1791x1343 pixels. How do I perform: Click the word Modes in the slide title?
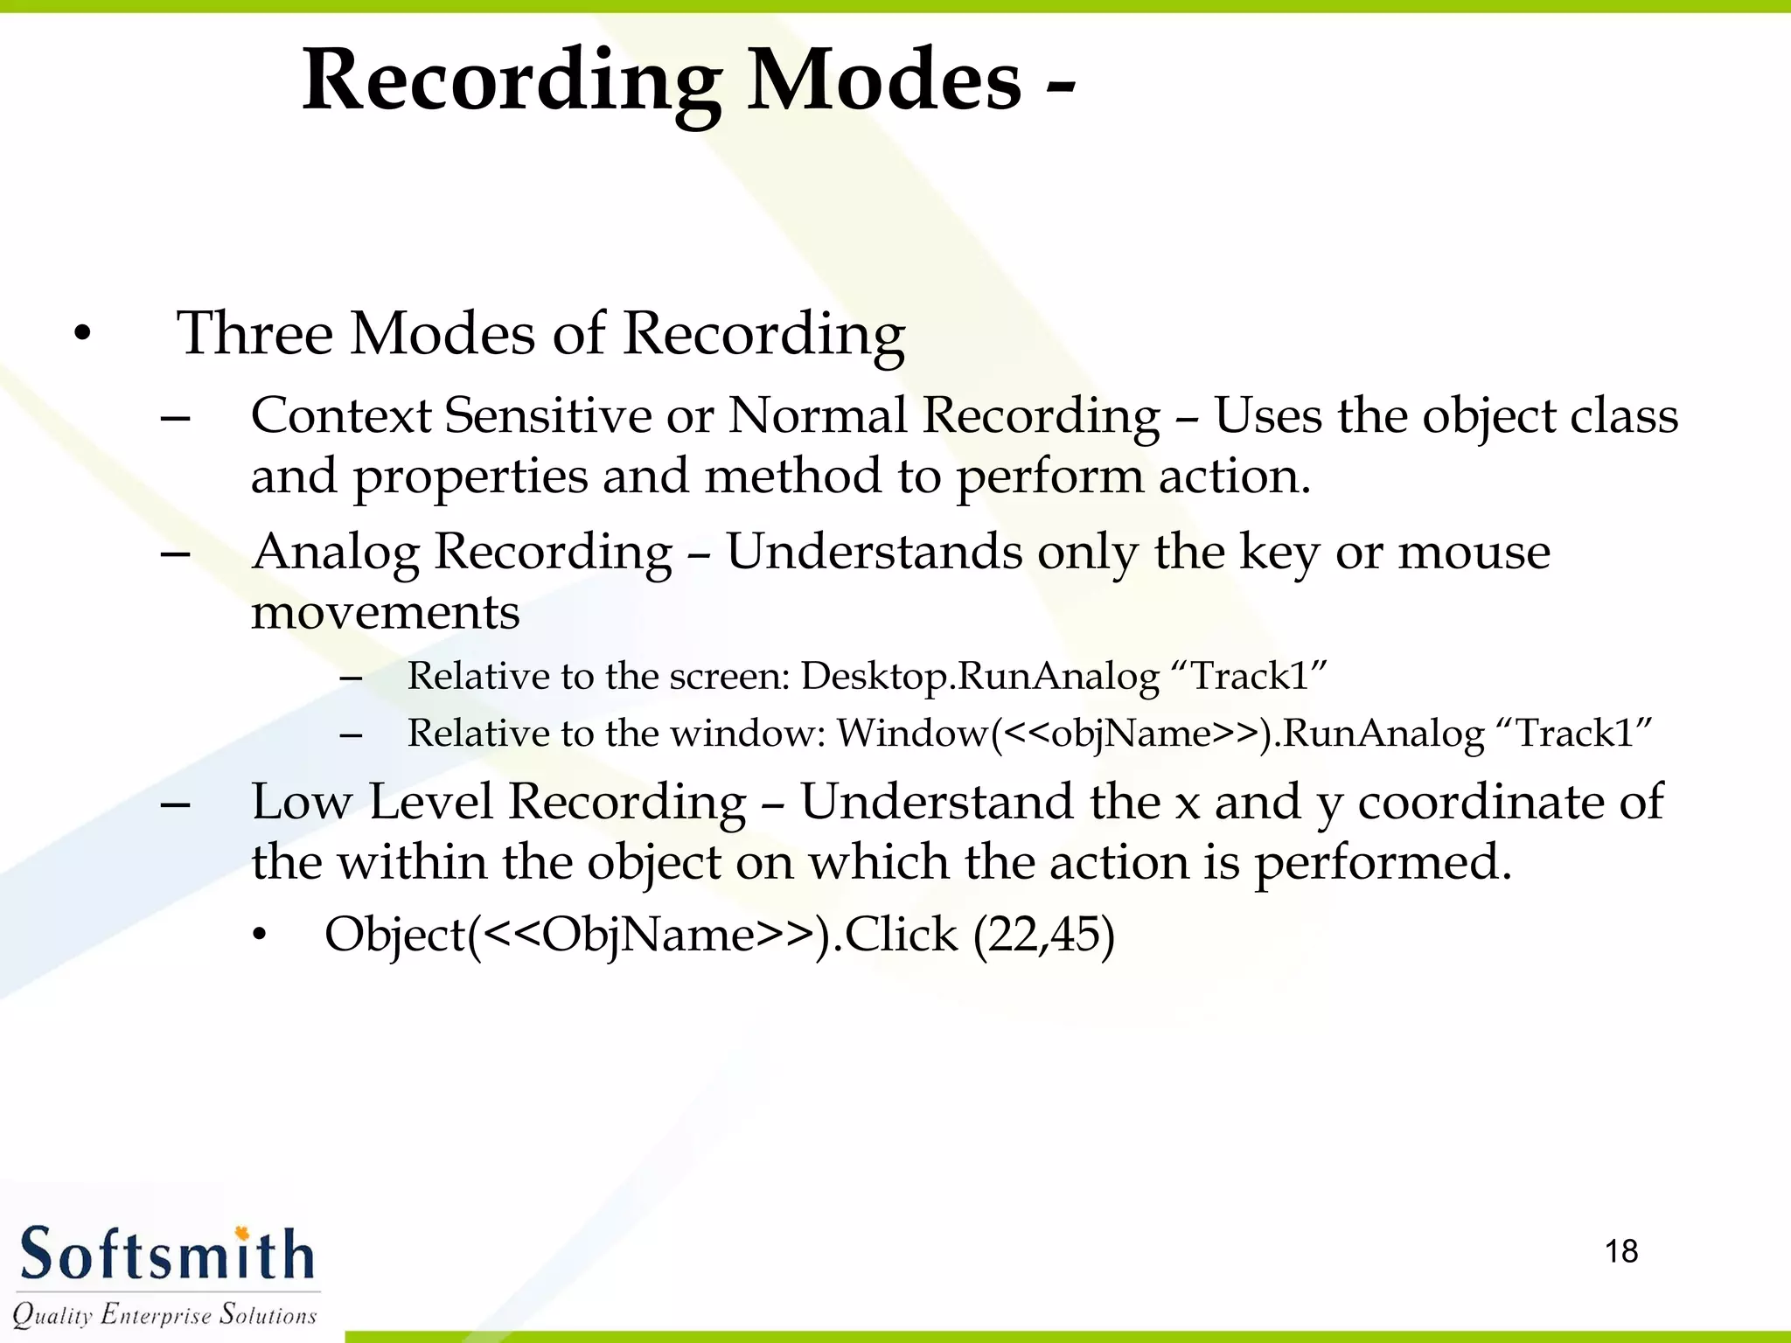tap(883, 80)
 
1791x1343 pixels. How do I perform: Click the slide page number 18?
tap(1620, 1251)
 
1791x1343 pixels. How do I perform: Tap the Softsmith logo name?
tap(166, 1254)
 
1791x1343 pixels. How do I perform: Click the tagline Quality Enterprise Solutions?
tap(164, 1314)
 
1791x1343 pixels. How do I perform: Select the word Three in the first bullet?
tap(254, 334)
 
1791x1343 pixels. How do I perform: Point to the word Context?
tap(341, 415)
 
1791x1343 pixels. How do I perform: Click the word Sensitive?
tap(547, 415)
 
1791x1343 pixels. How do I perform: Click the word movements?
tap(385, 612)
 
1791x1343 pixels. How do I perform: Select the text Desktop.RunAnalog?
tap(979, 677)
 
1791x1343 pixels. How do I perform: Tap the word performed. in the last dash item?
tap(1383, 863)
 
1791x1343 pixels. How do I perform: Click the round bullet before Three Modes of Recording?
tap(82, 334)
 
